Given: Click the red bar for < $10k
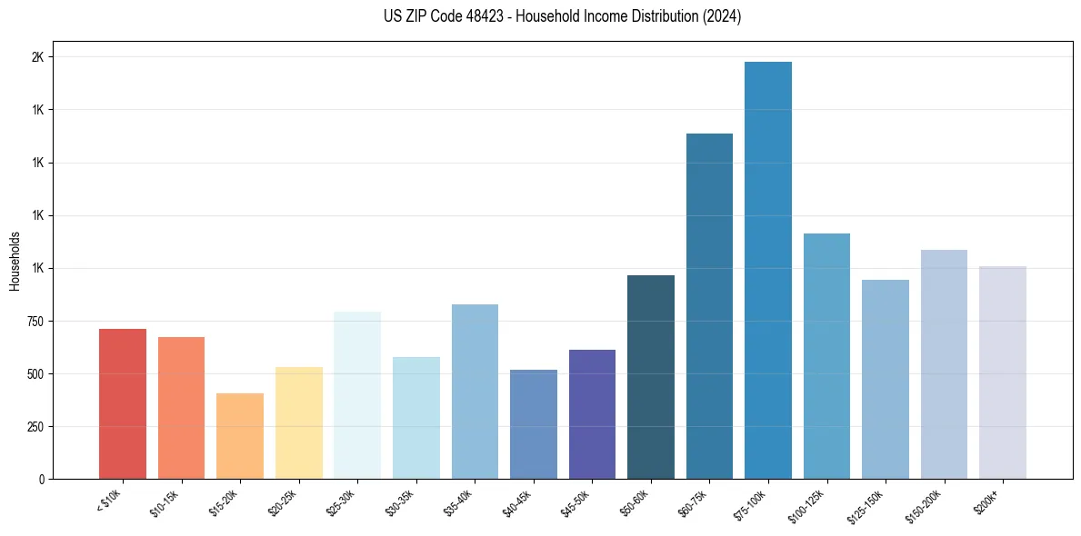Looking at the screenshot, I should (x=122, y=403).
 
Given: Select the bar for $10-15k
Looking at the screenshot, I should (x=181, y=408).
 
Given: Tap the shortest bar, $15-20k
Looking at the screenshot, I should (x=240, y=436).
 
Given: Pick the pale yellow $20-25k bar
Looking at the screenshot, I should (x=298, y=423).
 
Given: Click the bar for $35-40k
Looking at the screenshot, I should (x=475, y=392).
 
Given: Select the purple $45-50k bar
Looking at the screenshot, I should (x=592, y=414).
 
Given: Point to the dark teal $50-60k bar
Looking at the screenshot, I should (x=650, y=377).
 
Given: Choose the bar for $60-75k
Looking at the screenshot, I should (x=709, y=306).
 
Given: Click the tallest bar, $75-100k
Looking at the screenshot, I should (x=767, y=271).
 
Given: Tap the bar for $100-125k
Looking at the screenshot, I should (x=826, y=356).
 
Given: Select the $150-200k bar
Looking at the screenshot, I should (x=944, y=364).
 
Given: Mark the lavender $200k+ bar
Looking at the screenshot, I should (x=1002, y=372).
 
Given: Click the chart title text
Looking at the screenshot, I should (x=563, y=16).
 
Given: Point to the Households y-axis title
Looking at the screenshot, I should (x=15, y=261).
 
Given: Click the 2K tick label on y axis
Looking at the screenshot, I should (x=37, y=57).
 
